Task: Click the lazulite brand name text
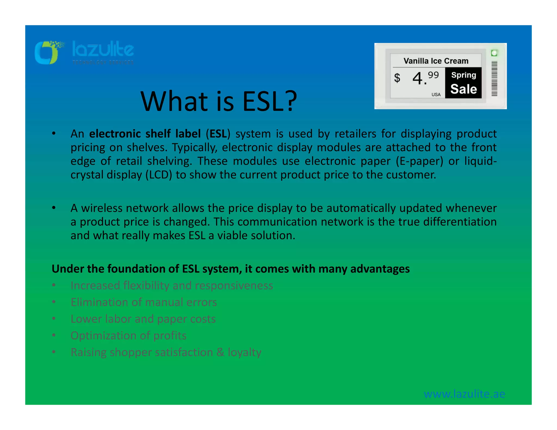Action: coord(103,50)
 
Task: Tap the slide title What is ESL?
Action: coord(219,101)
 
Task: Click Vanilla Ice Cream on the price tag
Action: coord(436,61)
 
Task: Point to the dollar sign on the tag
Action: coord(397,78)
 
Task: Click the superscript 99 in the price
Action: coord(433,75)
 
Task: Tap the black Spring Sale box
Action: coord(463,83)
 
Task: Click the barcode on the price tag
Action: coord(494,79)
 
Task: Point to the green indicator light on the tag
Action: coord(494,53)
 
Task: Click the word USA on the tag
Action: coord(436,95)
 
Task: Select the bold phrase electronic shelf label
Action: coord(145,134)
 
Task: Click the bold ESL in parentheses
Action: coord(218,134)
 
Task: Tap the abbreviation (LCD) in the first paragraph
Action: coord(159,175)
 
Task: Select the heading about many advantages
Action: coord(231,269)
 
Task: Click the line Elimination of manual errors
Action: coord(144,302)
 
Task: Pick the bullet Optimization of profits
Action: coord(128,336)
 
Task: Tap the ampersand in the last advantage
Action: coord(220,352)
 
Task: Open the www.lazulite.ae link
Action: coord(464,394)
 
